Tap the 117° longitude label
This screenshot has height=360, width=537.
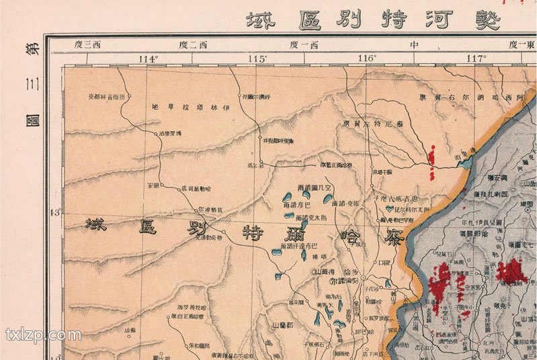pos(477,59)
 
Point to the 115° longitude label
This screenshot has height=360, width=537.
pos(257,59)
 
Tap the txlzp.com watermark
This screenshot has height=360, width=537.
pos(43,334)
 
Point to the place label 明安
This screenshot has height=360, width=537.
pos(152,185)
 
